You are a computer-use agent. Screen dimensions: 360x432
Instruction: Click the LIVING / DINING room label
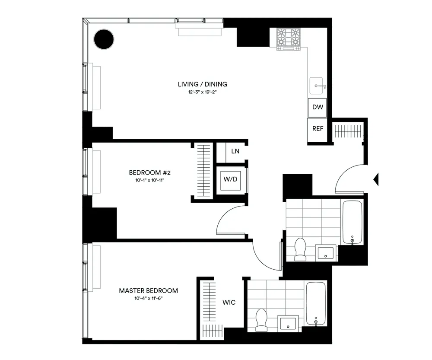tap(203, 84)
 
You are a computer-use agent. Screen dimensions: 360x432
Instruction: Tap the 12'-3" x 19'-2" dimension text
tap(203, 92)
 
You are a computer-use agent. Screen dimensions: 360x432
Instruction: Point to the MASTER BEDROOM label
tap(148, 291)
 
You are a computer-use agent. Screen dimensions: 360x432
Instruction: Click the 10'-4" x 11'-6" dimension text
tap(148, 298)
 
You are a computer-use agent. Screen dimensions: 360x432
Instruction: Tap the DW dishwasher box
tap(318, 108)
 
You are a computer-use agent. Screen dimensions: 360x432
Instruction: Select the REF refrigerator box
tap(318, 129)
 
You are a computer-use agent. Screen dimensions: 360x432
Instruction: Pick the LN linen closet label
tap(235, 151)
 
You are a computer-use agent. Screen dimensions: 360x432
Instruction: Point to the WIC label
tap(229, 303)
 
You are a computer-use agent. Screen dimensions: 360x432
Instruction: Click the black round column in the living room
tap(104, 39)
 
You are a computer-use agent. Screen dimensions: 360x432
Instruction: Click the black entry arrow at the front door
tap(376, 179)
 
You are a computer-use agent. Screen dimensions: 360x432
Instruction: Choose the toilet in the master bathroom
tap(261, 320)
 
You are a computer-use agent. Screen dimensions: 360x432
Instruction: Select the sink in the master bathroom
tap(288, 322)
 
